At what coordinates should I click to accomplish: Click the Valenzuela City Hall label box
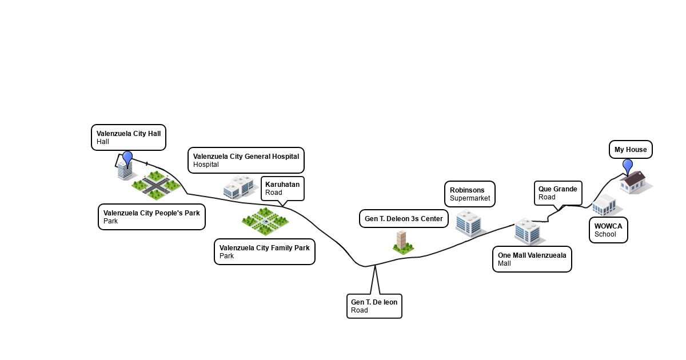pos(129,138)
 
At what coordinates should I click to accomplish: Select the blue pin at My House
pos(628,165)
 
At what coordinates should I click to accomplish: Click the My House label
pos(631,150)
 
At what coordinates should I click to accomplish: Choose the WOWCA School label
pos(608,230)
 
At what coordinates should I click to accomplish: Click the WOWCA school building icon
pos(605,205)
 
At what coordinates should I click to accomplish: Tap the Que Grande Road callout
pos(558,193)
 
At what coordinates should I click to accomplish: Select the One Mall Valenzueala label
pos(532,259)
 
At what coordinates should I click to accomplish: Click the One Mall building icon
pos(527,230)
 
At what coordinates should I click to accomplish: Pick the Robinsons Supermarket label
pos(470,194)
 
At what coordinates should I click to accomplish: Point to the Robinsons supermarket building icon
pos(469,223)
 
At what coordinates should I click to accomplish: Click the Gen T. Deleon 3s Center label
pos(404,218)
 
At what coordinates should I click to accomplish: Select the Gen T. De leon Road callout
pos(374,306)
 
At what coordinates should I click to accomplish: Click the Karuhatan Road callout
pos(282,189)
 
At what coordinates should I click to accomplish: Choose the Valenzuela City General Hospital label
pos(246,160)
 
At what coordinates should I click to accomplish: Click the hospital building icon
pos(238,187)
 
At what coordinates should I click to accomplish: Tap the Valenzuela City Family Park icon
pos(264,222)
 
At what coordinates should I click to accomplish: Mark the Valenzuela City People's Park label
pos(151,217)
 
